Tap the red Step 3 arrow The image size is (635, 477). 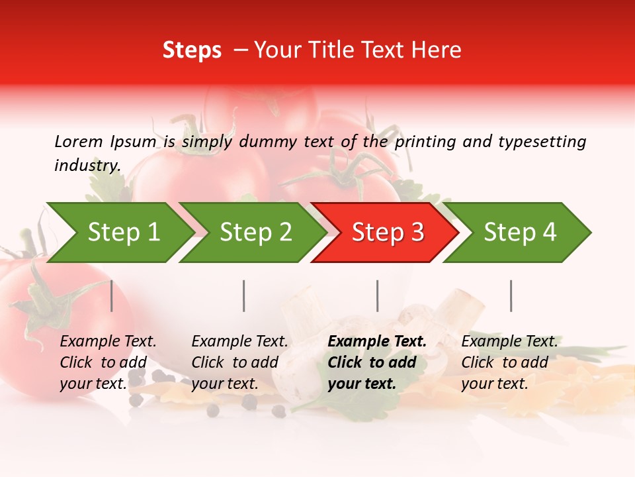(x=388, y=233)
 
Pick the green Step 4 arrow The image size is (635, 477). (x=520, y=233)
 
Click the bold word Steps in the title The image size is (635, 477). (x=192, y=50)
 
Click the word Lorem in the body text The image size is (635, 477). (x=78, y=141)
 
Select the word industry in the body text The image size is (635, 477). (x=87, y=166)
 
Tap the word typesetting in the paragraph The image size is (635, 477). (x=542, y=141)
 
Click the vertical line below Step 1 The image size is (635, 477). (x=112, y=295)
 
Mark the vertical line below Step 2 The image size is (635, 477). (x=244, y=295)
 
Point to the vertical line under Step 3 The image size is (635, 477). (x=378, y=295)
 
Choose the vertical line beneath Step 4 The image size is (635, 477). (x=511, y=295)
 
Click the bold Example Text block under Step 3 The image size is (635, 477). (x=377, y=362)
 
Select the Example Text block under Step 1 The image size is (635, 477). (x=108, y=362)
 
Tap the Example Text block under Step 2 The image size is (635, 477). (x=239, y=362)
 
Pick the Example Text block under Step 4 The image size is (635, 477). (x=509, y=362)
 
